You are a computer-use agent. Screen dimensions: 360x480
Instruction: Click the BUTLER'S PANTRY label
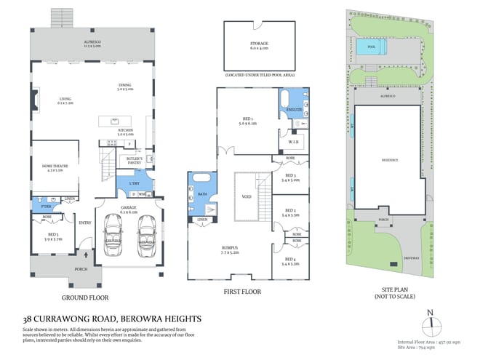pos(134,159)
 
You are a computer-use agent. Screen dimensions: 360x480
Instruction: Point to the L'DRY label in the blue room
pos(134,183)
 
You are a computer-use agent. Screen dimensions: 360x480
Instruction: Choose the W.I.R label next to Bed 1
pos(289,142)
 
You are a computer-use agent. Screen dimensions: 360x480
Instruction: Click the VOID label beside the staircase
pos(247,196)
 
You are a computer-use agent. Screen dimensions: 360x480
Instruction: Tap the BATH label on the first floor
pos(201,193)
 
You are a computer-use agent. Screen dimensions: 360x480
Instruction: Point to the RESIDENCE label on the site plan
pos(391,160)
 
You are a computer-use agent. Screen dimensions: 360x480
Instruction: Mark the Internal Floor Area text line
pos(425,341)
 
